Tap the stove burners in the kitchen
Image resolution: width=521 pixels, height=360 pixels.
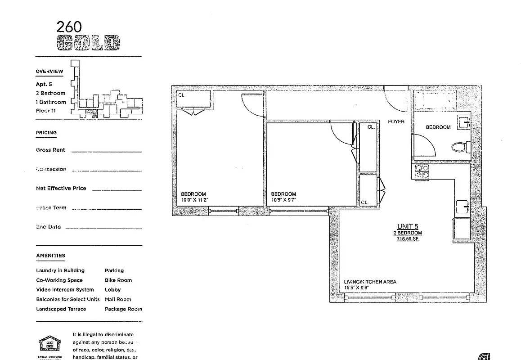(x=422, y=171)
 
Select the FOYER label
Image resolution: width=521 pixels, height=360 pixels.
(x=396, y=121)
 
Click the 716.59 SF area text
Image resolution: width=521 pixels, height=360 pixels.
(x=408, y=239)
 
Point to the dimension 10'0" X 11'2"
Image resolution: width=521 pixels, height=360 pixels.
(x=194, y=200)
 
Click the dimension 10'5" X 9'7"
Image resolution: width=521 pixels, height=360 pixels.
(x=283, y=200)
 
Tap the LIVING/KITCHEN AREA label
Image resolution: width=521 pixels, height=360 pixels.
(x=370, y=282)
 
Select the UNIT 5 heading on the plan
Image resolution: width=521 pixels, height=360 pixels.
(x=408, y=226)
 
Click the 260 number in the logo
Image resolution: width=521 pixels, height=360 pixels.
(x=69, y=27)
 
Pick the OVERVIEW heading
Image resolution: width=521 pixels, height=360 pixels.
(x=49, y=72)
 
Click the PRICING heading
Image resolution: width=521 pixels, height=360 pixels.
(x=46, y=133)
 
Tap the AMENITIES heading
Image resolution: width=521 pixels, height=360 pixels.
(x=50, y=256)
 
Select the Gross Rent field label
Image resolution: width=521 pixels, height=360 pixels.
(x=50, y=150)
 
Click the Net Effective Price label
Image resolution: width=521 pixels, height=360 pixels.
(x=61, y=188)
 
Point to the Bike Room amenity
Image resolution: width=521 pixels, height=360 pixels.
(x=118, y=280)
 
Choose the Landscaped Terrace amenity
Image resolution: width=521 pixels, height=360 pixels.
(x=61, y=309)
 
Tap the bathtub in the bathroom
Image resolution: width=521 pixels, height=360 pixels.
(x=435, y=100)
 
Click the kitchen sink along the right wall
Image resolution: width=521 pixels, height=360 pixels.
(x=462, y=208)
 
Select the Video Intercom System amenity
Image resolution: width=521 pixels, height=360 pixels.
(x=65, y=290)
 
